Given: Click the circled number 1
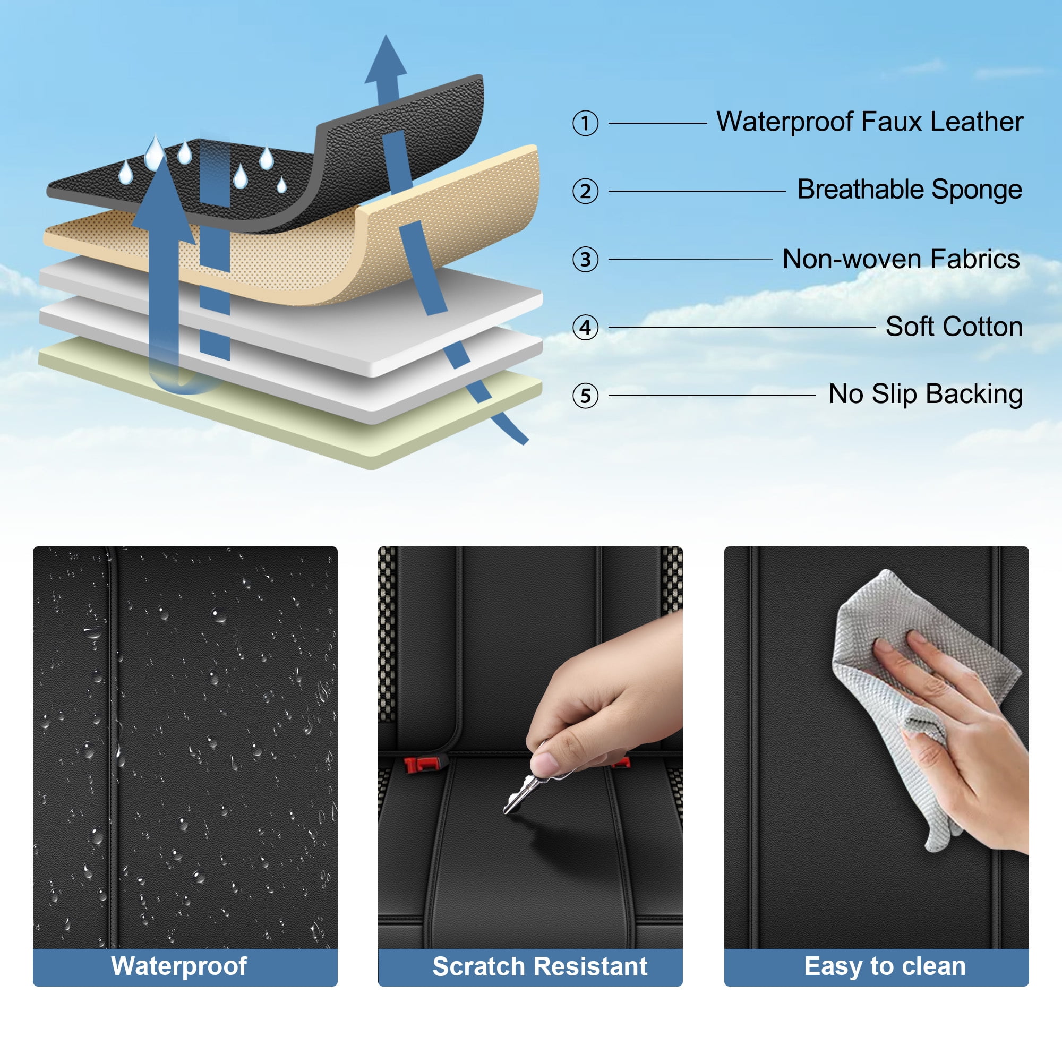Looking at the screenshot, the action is pos(585,123).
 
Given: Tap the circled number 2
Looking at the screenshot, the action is pos(585,191).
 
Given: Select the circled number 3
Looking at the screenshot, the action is pos(585,260).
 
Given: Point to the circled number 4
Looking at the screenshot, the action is pos(585,328).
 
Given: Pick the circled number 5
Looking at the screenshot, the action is pos(585,396).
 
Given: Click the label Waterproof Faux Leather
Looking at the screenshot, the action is pos(870,122).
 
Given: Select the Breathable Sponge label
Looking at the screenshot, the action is pos(910,190).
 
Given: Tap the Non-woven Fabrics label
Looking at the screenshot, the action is pos(901,259).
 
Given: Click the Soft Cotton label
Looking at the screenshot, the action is pos(954,327).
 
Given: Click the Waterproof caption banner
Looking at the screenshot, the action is pos(185,967).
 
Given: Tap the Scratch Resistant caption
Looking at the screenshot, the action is pos(540,967).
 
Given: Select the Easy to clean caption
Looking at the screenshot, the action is pos(885,967).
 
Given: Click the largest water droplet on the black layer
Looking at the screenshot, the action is pos(155,153).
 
